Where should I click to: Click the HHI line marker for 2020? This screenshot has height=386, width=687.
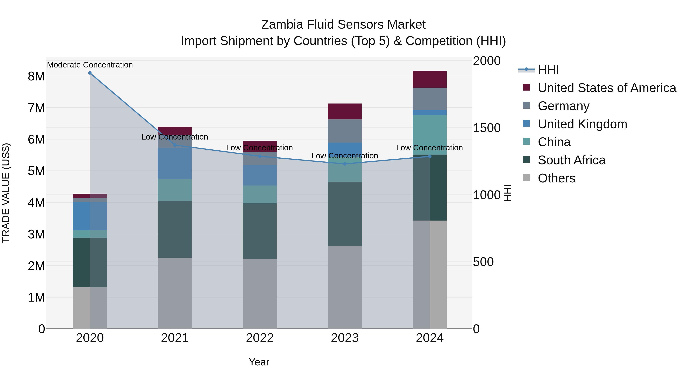click(90, 73)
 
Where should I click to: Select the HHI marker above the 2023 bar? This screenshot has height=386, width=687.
click(345, 164)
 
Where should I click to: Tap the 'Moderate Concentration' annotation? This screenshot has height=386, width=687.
click(90, 65)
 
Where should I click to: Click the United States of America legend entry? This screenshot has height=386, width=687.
click(607, 88)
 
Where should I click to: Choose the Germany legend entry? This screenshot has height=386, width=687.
click(563, 106)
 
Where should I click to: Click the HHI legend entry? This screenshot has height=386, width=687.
click(548, 70)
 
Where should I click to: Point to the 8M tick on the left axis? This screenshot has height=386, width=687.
click(36, 76)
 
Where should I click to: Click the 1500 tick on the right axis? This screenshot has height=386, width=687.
click(486, 128)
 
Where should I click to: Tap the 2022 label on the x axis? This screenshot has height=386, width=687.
click(260, 338)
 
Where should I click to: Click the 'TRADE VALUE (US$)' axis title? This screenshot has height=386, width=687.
click(6, 193)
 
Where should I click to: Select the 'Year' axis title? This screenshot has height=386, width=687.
click(259, 362)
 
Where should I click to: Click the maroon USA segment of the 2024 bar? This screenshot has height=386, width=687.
click(430, 79)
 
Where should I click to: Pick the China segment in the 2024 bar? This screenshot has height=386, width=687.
click(430, 135)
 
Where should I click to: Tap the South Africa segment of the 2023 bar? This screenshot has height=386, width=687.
click(345, 214)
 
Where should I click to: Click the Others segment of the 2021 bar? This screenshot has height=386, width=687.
click(175, 293)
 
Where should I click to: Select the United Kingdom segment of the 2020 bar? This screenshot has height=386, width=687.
click(90, 216)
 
